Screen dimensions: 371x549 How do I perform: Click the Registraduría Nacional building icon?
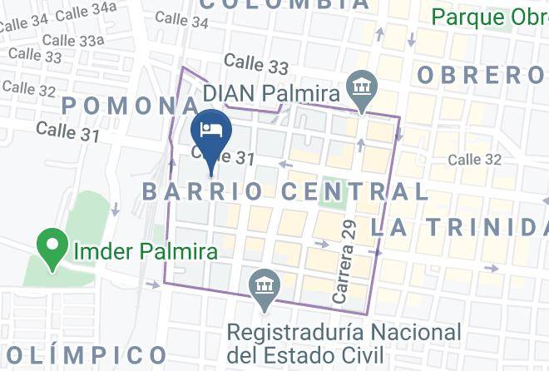click(x=265, y=286)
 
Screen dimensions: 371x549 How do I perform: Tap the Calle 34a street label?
click(x=91, y=10)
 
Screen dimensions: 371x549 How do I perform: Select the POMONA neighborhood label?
click(x=131, y=105)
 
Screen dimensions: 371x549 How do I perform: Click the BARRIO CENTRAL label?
click(x=285, y=191)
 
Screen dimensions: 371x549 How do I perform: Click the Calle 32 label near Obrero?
click(x=475, y=159)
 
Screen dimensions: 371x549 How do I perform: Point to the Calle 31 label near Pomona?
click(x=67, y=130)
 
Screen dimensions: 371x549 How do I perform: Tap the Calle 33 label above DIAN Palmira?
click(x=255, y=64)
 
